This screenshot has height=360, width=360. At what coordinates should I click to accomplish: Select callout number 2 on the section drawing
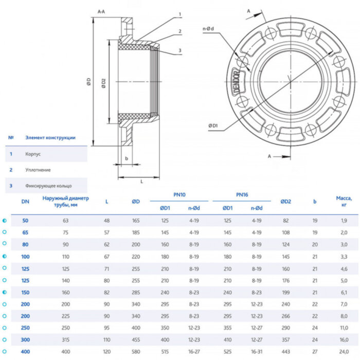coord(180,31)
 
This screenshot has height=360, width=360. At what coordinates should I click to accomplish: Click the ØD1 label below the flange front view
coord(213,125)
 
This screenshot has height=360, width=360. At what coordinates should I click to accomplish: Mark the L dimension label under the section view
coord(141,182)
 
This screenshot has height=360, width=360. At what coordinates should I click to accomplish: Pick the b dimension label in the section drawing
coord(126,158)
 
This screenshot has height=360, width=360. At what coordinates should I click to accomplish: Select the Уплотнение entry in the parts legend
coord(38,169)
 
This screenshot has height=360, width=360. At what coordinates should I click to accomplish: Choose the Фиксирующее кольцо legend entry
coord(48,185)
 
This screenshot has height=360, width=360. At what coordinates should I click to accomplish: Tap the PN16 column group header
coord(242,195)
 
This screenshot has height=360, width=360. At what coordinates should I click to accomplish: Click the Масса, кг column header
coord(343,201)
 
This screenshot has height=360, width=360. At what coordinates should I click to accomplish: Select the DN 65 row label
coord(25,232)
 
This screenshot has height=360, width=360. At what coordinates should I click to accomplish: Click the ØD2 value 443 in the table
coord(286,352)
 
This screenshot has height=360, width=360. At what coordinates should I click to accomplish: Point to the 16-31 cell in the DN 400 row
coord(256,352)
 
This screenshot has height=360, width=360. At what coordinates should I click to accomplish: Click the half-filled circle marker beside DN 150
coord(5,292)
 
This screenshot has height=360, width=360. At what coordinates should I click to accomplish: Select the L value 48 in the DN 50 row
coord(107,220)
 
